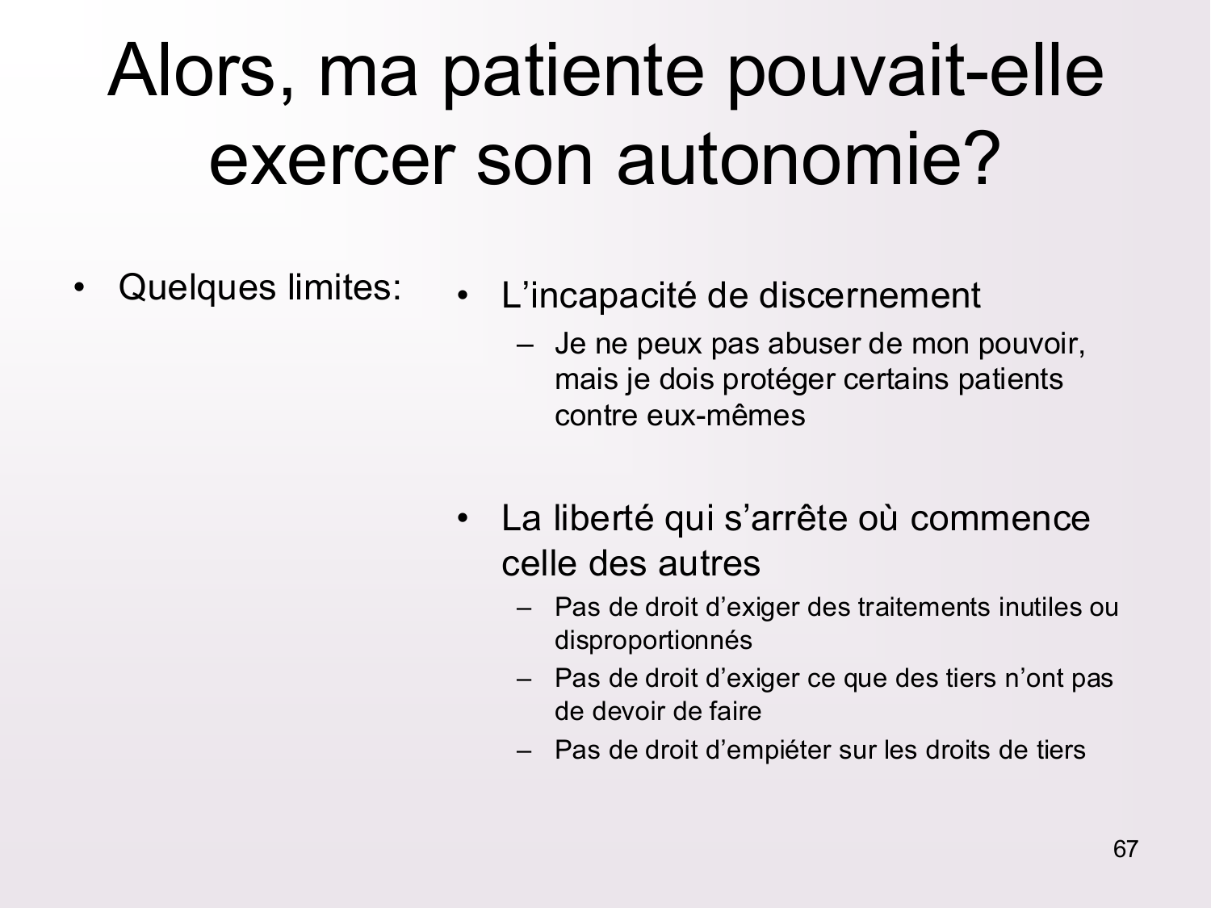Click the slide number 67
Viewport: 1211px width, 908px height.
pyautogui.click(x=1125, y=849)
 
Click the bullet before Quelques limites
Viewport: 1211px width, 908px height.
pyautogui.click(x=79, y=288)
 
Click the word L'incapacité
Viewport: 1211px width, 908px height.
pyautogui.click(x=598, y=295)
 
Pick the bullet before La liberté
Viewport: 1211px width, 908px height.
pyautogui.click(x=463, y=519)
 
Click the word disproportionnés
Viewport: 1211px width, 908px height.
pyautogui.click(x=653, y=640)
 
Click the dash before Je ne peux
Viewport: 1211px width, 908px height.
pyautogui.click(x=526, y=345)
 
